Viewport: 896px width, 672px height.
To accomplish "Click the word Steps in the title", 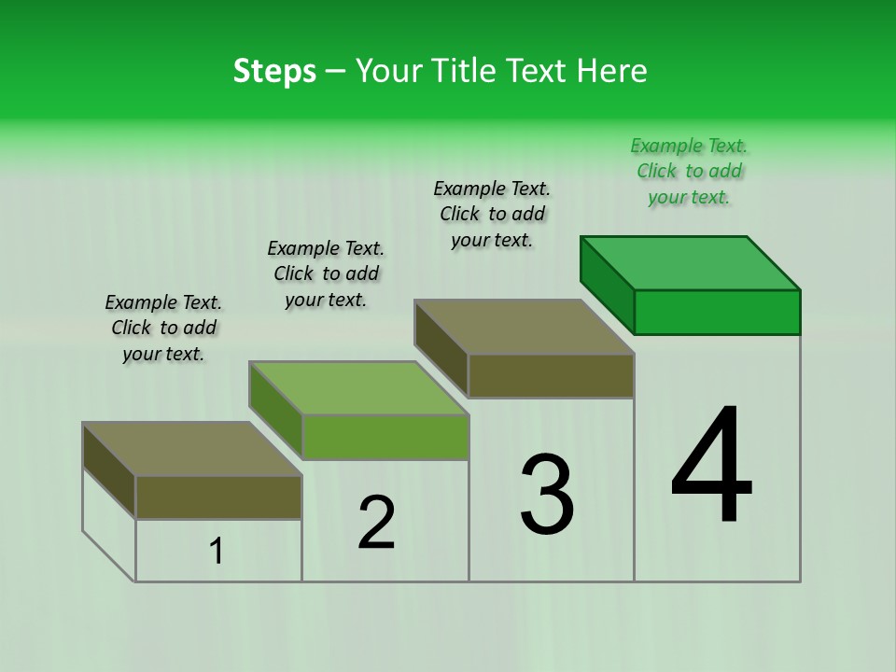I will pyautogui.click(x=274, y=71).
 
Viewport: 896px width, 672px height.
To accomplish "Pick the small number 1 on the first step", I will pyautogui.click(x=217, y=552).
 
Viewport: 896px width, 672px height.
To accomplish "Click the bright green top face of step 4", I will pyautogui.click(x=691, y=262).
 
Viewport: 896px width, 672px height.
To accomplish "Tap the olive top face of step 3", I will pyautogui.click(x=525, y=327).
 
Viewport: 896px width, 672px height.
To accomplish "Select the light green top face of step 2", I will pyautogui.click(x=358, y=387).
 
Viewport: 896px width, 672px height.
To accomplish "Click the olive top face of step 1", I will pyautogui.click(x=192, y=448).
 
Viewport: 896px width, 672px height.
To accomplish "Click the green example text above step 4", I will pyautogui.click(x=689, y=172).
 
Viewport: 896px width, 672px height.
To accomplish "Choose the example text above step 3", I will pyautogui.click(x=492, y=215).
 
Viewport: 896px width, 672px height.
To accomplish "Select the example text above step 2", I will pyautogui.click(x=326, y=273).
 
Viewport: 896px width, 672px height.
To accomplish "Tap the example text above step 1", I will pyautogui.click(x=163, y=328).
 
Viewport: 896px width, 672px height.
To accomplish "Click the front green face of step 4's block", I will pyautogui.click(x=717, y=312).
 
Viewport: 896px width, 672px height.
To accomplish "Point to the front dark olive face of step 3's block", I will pyautogui.click(x=551, y=375).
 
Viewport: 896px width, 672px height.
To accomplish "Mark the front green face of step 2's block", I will pyautogui.click(x=385, y=437).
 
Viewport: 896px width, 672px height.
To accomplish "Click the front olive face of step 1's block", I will pyautogui.click(x=218, y=497).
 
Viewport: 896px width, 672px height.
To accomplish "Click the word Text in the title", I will pyautogui.click(x=536, y=71).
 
